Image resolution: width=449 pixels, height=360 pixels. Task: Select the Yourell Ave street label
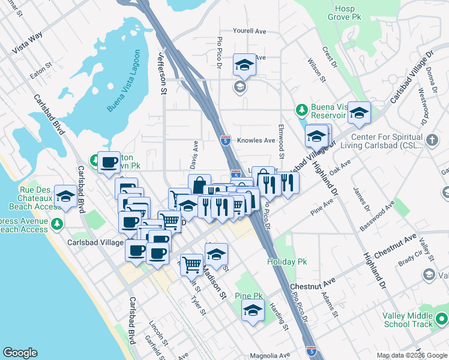point(250,31)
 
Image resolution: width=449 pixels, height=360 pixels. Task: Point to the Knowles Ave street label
point(256,140)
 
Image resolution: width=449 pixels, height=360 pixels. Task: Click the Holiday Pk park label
point(287,262)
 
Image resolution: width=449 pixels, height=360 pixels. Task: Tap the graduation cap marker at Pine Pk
point(253,311)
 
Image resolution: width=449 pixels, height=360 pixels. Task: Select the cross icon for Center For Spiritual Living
point(432,140)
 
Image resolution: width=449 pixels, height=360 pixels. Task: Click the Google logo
point(20,353)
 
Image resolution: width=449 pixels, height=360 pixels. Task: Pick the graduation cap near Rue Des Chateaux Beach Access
point(65,196)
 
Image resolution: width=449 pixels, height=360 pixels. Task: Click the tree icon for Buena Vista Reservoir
point(302,110)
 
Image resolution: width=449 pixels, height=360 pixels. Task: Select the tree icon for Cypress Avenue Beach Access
point(57,223)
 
